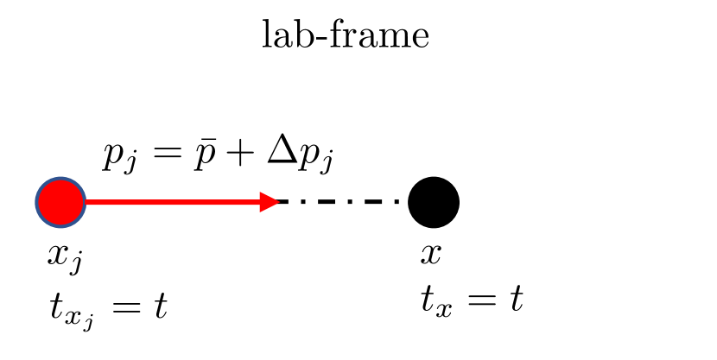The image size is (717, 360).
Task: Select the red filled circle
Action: pyautogui.click(x=60, y=202)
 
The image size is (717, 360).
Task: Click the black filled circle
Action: pyautogui.click(x=434, y=202)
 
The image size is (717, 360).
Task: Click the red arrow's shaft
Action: pyautogui.click(x=173, y=202)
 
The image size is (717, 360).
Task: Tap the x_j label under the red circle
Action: pyautogui.click(x=66, y=256)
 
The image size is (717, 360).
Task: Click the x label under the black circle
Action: pyautogui.click(x=429, y=254)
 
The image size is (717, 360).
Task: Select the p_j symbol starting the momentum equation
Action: pyautogui.click(x=117, y=158)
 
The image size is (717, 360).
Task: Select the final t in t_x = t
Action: pyautogui.click(x=515, y=300)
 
